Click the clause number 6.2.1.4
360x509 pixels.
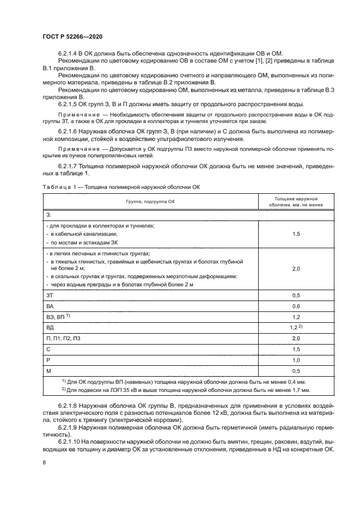(x=69, y=53)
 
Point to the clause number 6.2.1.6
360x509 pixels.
(x=69, y=132)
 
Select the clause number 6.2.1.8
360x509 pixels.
(x=69, y=406)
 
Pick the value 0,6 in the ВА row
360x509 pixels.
(x=296, y=306)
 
